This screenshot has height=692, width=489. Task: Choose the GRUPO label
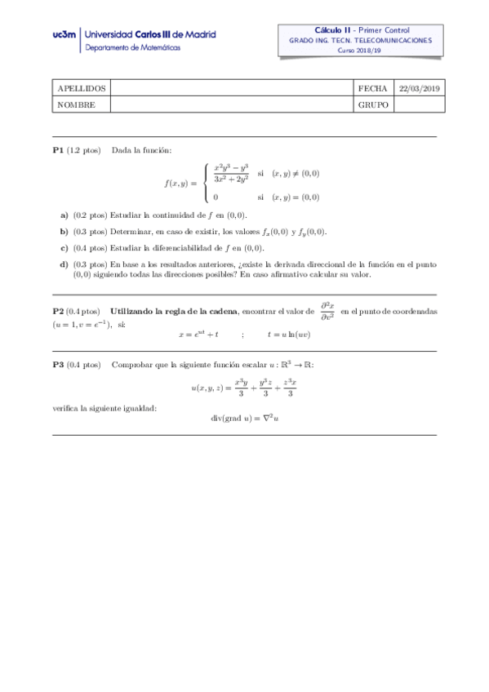372,104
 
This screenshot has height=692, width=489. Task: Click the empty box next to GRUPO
419,104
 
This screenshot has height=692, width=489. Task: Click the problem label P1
58,150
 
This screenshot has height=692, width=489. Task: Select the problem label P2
58,312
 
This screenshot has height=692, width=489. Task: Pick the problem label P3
58,364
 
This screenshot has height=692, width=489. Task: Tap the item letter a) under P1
64,215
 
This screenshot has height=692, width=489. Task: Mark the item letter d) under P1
64,264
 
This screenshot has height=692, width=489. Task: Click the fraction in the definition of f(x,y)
231,172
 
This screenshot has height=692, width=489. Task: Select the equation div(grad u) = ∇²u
245,419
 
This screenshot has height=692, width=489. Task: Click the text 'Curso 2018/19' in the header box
358,50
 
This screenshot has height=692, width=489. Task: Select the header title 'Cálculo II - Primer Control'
359,29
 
